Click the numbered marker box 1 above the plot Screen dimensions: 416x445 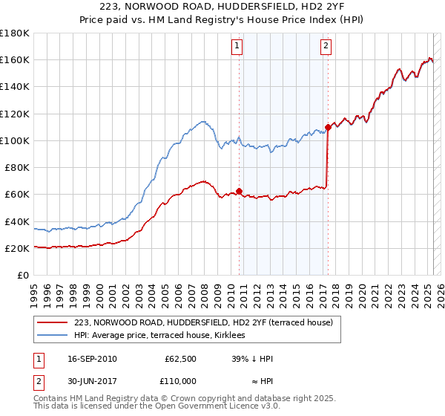pos(237,46)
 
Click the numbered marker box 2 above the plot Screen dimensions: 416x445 pos(326,46)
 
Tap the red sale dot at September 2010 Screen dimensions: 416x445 pos(240,191)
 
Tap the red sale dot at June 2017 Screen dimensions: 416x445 pos(328,127)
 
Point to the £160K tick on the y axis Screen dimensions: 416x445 pos(16,59)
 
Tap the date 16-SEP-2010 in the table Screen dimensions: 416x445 pos(92,359)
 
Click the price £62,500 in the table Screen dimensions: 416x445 pos(180,359)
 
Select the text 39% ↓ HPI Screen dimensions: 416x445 pos(252,359)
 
